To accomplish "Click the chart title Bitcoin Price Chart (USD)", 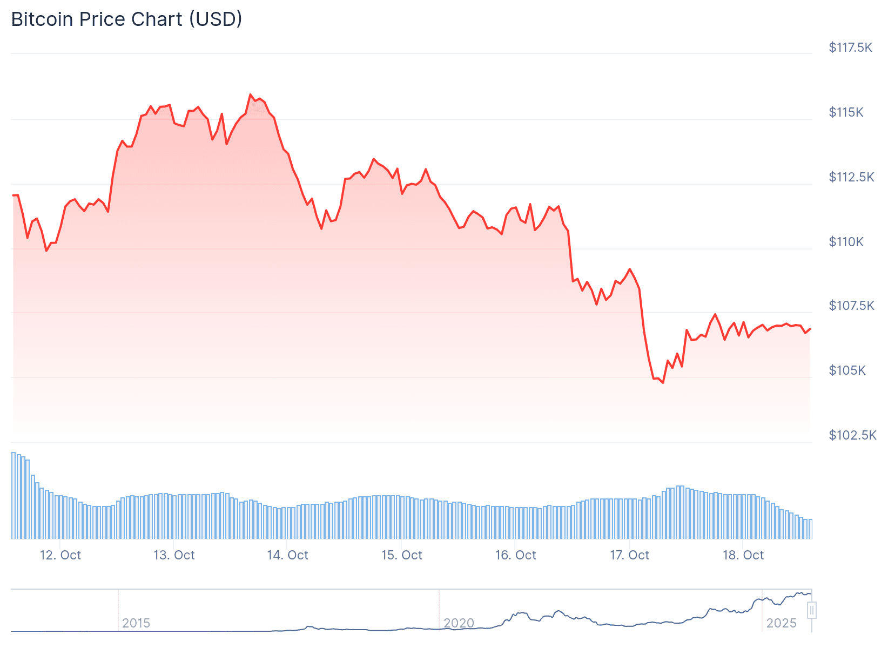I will tap(126, 19).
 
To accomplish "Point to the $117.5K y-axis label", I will tap(850, 48).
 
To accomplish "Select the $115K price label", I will tap(846, 112).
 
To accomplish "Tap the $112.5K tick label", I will tap(851, 177).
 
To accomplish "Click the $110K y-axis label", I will tap(846, 242).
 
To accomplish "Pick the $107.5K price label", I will tap(851, 306).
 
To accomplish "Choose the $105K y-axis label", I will tap(847, 370).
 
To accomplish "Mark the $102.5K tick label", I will tap(852, 435).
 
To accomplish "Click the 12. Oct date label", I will tap(60, 555).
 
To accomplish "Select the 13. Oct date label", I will tap(174, 555).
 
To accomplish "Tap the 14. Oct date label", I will tap(287, 555).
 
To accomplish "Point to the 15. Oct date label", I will tap(401, 555).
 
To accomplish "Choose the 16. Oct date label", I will tap(515, 555).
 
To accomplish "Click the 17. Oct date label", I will tap(629, 555).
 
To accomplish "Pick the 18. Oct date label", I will tap(743, 555).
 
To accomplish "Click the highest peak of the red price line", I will tap(251, 94).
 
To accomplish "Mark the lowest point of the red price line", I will tap(663, 383).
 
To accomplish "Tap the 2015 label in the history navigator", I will tap(136, 623).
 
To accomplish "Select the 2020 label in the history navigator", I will tap(459, 623).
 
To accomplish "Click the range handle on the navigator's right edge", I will tap(811, 610).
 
